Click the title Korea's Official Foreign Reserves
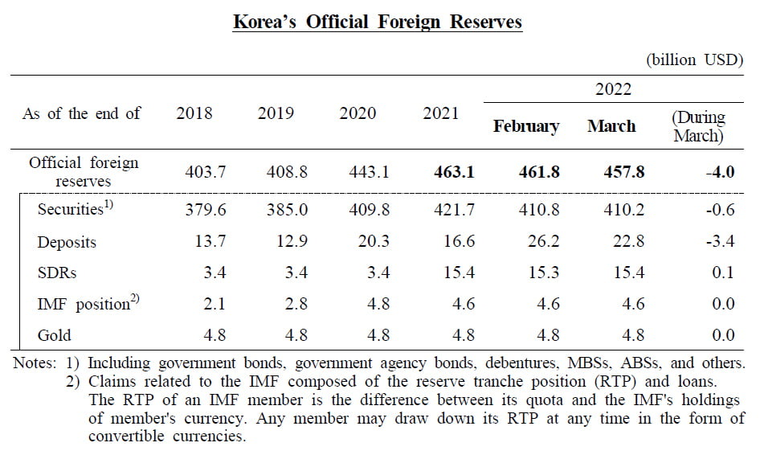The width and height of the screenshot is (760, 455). [x=377, y=22]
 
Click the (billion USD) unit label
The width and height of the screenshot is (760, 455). [x=694, y=60]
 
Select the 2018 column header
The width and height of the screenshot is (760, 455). [x=194, y=113]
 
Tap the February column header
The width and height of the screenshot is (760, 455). [x=526, y=126]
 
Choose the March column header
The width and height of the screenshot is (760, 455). [x=611, y=126]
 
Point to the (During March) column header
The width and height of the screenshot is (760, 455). [x=698, y=126]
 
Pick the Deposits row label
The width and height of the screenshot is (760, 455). [x=67, y=242]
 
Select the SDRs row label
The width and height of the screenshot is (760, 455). [x=57, y=273]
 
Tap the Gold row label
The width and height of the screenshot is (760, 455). [x=55, y=335]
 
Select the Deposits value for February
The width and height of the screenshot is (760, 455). [x=544, y=242]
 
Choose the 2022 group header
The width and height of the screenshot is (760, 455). [x=613, y=89]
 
